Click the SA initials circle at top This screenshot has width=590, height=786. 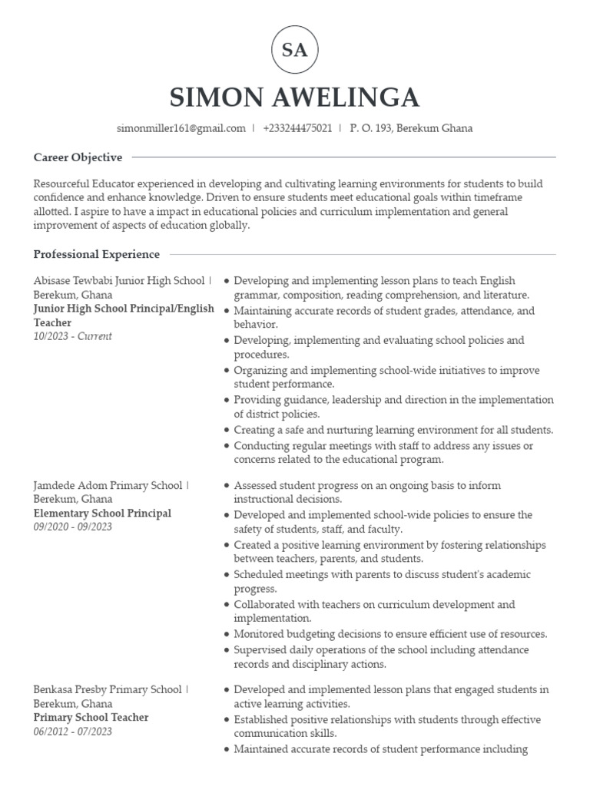point(295,51)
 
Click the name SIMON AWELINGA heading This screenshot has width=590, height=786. point(295,97)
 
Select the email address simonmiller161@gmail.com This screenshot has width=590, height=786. point(181,128)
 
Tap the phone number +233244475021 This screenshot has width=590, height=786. point(297,128)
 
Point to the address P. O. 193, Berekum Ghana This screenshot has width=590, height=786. point(411,128)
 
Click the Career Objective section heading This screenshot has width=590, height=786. point(78,157)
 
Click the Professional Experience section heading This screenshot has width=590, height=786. point(97,254)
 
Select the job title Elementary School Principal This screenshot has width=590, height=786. point(102,514)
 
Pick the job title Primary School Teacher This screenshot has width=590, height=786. point(91,718)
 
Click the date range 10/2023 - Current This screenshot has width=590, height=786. point(72,336)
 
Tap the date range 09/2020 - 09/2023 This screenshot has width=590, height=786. point(73,527)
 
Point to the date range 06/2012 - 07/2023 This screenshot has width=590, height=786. point(73,732)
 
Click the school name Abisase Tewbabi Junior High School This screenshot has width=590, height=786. point(119,281)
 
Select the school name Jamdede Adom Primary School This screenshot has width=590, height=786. point(108,486)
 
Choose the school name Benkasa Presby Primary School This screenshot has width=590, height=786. point(108,690)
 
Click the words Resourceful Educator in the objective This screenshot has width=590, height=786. point(85,184)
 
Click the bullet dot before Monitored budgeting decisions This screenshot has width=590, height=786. point(227,635)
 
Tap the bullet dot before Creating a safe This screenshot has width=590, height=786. point(227,431)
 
